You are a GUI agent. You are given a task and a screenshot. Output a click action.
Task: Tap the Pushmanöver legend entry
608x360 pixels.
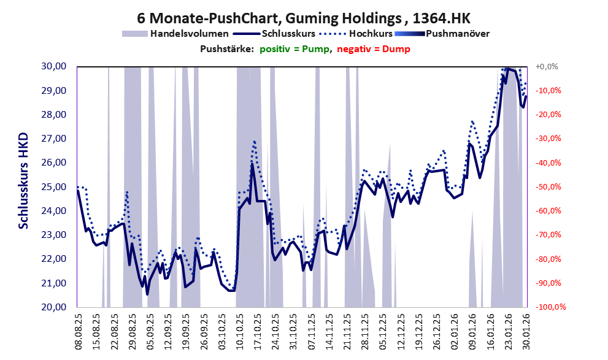coord(456,34)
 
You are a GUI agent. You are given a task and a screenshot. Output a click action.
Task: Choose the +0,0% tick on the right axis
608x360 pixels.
coord(546,66)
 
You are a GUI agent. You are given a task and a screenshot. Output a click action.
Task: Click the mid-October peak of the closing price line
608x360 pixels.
coord(252,164)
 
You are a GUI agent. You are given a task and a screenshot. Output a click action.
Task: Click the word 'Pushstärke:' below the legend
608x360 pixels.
coord(227,49)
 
